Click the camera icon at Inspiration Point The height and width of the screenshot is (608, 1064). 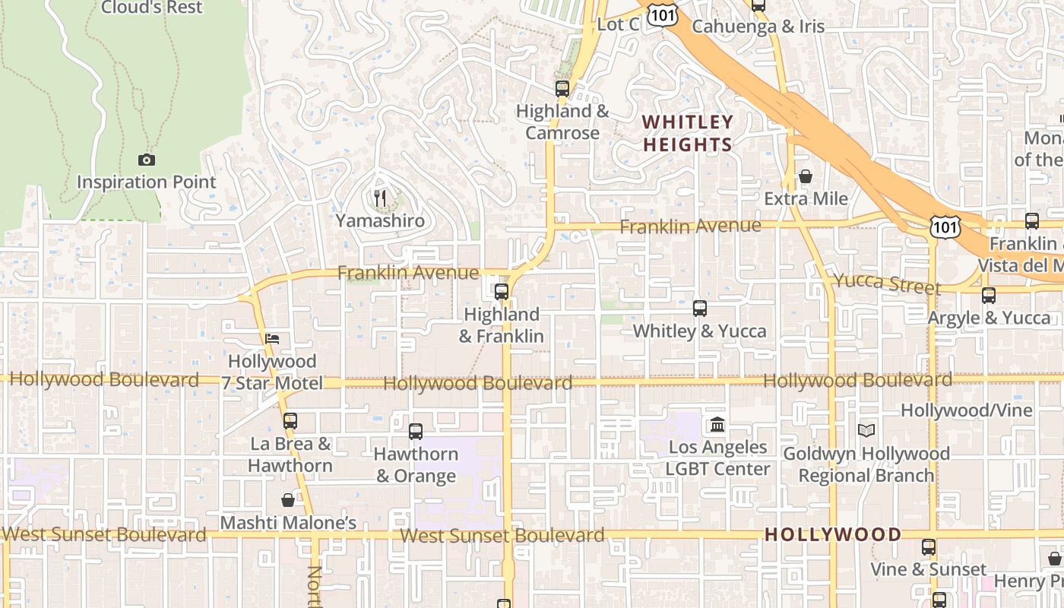[x=147, y=160]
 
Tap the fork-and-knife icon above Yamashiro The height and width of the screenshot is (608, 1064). [x=380, y=198]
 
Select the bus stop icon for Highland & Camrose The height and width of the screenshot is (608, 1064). [x=562, y=88]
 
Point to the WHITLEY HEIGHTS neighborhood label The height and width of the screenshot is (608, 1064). [x=688, y=133]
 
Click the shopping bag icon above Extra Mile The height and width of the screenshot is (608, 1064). [x=806, y=176]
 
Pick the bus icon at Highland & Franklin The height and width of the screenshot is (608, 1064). [x=502, y=291]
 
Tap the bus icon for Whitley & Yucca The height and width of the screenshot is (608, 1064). [x=700, y=309]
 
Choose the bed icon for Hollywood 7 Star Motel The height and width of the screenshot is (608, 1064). [x=272, y=338]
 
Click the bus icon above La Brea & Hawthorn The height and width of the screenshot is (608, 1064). [x=290, y=420]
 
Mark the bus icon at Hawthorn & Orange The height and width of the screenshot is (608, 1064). [x=416, y=432]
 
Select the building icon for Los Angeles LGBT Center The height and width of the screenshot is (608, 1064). [x=717, y=424]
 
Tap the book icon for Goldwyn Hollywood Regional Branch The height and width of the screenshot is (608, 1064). [x=866, y=430]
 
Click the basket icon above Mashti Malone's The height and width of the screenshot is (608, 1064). [x=288, y=500]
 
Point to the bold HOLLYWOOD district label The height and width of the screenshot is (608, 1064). [x=833, y=534]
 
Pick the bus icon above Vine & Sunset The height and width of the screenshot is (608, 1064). [x=928, y=547]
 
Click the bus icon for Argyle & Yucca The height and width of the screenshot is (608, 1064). [x=989, y=296]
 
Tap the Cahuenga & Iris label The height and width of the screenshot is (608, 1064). [x=758, y=26]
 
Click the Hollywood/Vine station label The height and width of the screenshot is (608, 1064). [x=967, y=410]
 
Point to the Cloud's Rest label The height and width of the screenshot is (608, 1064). [x=152, y=8]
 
